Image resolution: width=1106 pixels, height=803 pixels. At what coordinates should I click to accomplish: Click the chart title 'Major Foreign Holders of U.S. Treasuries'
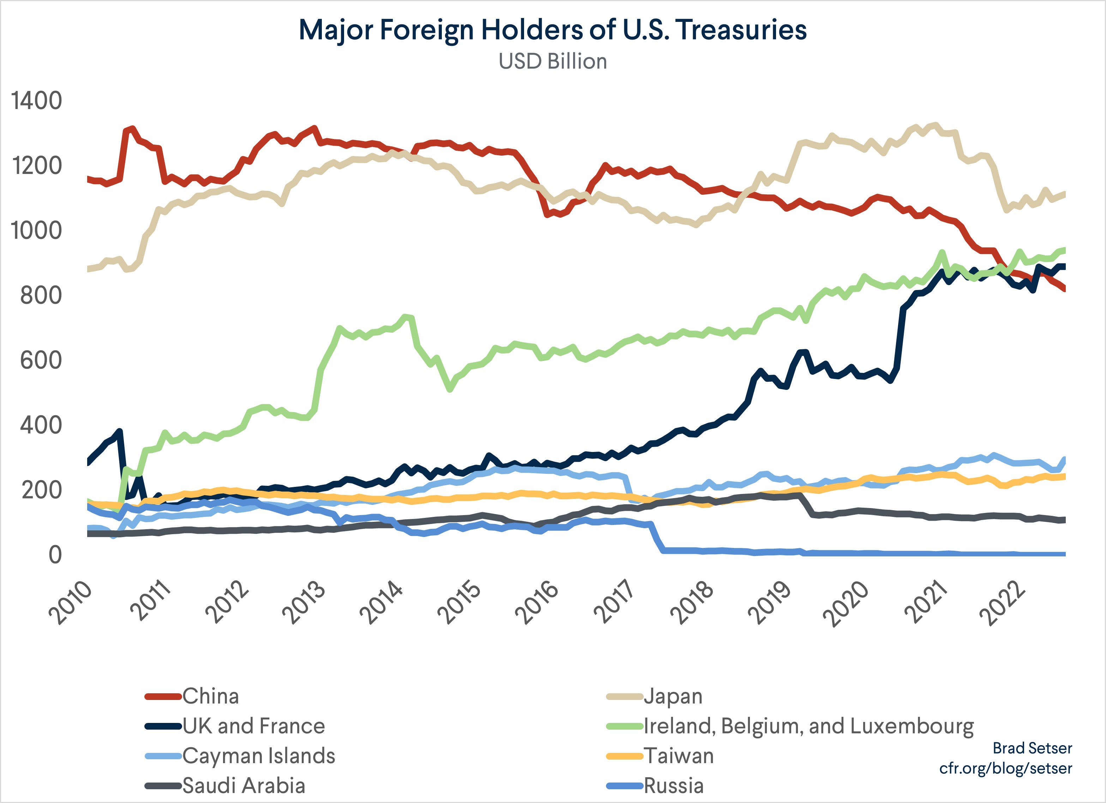(x=553, y=30)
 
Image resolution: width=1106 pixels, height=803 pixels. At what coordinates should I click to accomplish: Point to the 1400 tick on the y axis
(x=37, y=101)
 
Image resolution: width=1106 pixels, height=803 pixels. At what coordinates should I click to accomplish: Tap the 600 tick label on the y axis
(x=41, y=361)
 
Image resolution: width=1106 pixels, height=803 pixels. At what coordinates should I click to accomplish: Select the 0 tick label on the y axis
(x=55, y=555)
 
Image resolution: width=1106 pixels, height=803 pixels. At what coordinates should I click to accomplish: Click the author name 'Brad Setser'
(x=1032, y=748)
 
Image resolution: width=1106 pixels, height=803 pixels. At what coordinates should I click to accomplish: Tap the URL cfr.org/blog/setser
(x=1005, y=768)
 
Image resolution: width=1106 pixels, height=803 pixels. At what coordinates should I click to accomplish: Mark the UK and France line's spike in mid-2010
(x=120, y=431)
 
